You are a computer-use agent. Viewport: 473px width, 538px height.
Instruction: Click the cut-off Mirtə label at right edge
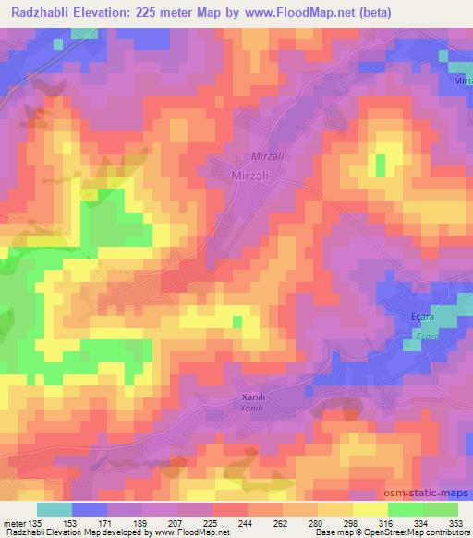coord(462,81)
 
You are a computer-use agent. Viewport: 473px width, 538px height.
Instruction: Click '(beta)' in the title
coord(370,14)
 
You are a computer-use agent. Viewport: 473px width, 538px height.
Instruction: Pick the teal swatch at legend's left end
coord(55,509)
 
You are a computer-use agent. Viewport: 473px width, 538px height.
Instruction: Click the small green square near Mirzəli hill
coord(381,165)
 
